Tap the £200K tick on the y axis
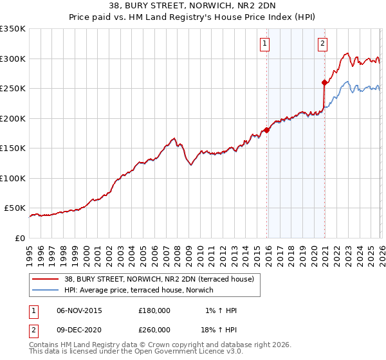coord(12,118)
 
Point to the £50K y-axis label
coord(15,208)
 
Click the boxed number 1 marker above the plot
coord(265,44)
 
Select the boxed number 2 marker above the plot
coord(322,44)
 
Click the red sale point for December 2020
coord(324,82)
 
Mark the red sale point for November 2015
coord(266,130)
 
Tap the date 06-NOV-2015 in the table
coord(79,310)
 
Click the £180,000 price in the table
coord(154,310)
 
